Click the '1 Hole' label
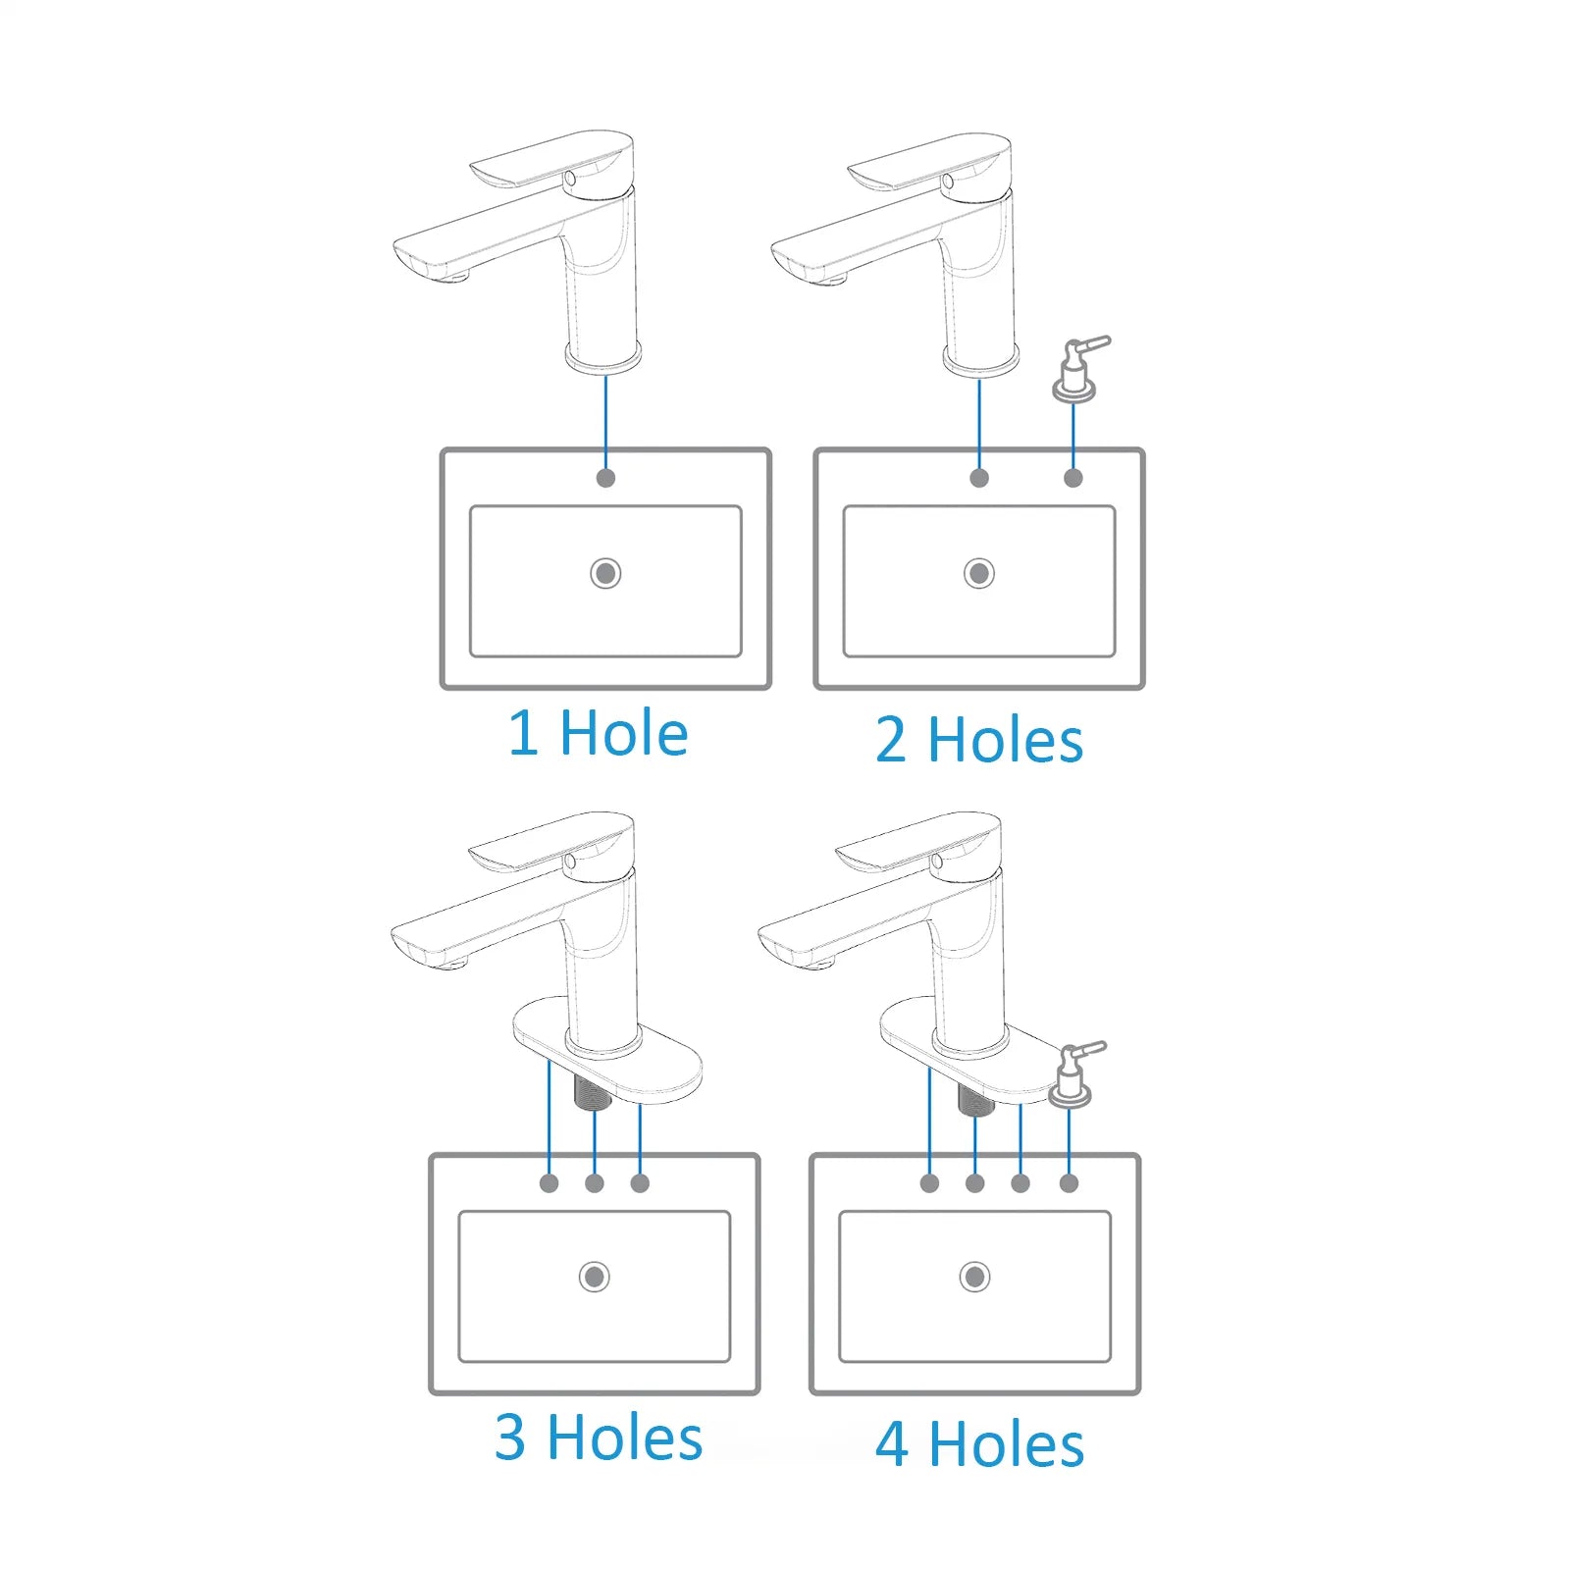click(598, 733)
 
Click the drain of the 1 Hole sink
click(605, 573)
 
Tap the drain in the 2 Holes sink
click(978, 573)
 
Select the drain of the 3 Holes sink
click(594, 1277)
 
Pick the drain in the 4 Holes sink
click(974, 1277)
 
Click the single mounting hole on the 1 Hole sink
click(605, 478)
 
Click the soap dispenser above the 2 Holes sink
click(1077, 370)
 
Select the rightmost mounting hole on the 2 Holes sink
click(1073, 478)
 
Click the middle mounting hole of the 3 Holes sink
click(595, 1183)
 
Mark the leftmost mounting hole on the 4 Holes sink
click(929, 1183)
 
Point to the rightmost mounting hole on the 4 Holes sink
click(1070, 1183)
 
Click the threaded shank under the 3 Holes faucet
click(592, 1090)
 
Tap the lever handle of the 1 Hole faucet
click(549, 159)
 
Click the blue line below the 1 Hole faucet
click(605, 422)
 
